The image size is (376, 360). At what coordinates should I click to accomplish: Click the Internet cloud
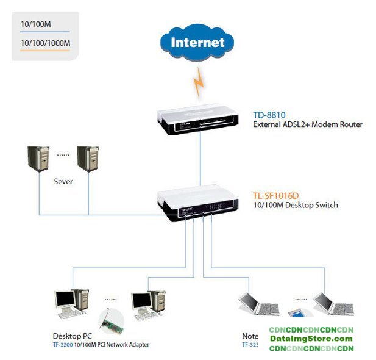[197, 43]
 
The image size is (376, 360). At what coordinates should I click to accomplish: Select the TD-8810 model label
[269, 115]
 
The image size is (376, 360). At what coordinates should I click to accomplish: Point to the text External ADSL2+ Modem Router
[308, 124]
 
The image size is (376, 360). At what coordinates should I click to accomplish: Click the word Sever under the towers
[63, 182]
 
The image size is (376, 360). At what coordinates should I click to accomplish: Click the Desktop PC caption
[72, 337]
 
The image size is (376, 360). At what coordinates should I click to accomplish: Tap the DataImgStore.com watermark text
[311, 339]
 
